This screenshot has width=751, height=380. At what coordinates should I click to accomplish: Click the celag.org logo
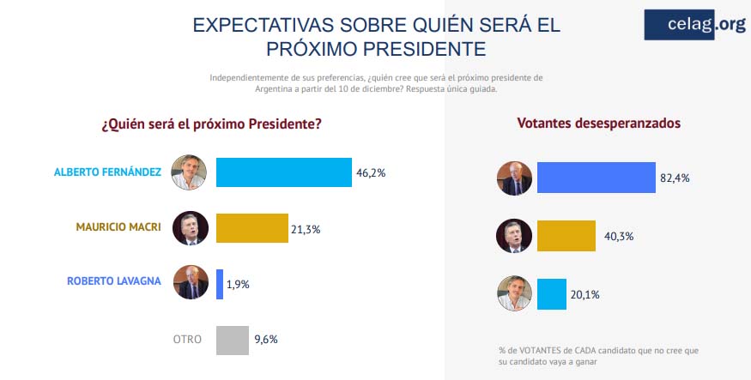click(694, 25)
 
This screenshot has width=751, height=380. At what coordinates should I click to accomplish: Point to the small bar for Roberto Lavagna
click(220, 283)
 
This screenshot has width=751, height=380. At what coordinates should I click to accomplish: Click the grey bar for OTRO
click(232, 339)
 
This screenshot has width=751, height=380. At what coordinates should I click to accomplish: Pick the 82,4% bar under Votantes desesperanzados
click(596, 178)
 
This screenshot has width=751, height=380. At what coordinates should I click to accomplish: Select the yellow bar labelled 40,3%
click(566, 236)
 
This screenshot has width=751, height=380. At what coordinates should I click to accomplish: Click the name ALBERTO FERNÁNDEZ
click(107, 172)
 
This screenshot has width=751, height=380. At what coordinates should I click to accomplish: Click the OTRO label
click(187, 339)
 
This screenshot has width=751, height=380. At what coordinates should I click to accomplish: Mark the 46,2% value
click(371, 172)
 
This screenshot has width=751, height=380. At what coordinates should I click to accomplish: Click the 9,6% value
click(265, 339)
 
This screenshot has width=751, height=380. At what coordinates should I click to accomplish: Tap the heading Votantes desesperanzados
click(599, 124)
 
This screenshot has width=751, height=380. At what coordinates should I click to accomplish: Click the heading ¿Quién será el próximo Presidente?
click(211, 124)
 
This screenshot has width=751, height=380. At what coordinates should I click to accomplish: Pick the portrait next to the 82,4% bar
click(515, 178)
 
